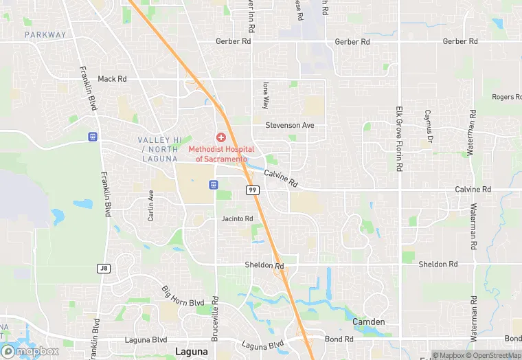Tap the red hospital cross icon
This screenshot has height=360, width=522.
click(221, 137)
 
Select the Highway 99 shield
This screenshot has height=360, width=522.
click(253, 190)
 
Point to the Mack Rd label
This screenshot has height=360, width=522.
click(113, 79)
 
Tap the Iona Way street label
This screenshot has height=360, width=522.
click(265, 95)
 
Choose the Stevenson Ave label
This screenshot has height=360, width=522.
click(289, 125)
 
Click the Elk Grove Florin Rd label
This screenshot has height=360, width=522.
click(398, 139)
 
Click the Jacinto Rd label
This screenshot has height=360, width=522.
click(237, 218)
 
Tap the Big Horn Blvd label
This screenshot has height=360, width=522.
click(183, 297)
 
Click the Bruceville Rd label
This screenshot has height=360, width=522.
click(215, 317)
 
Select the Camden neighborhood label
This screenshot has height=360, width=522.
click(368, 322)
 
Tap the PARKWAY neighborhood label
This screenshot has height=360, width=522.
click(45, 34)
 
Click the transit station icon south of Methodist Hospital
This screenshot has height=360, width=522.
click(214, 184)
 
